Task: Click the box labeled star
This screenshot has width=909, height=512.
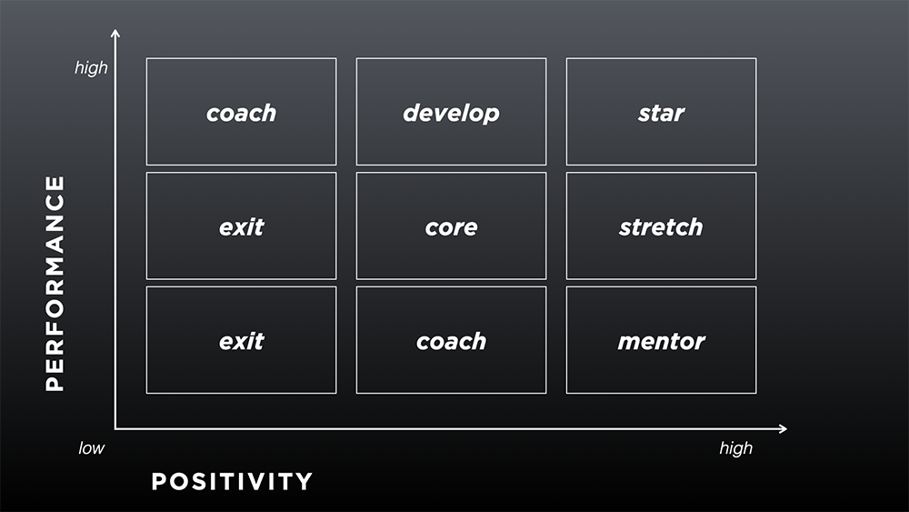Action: coord(661,111)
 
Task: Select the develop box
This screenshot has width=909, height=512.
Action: coord(451,111)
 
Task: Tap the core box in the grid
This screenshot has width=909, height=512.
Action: coord(451,226)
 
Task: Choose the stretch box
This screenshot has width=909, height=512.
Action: coord(661,226)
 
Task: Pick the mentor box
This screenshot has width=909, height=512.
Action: coord(661,340)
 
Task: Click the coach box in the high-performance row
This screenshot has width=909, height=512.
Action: coord(241,111)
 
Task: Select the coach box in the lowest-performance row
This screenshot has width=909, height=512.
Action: coord(451,340)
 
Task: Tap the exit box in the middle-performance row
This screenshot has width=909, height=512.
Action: coord(241,226)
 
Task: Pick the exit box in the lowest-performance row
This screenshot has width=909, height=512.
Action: coord(241,340)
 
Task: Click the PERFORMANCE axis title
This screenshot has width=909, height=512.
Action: coord(55,284)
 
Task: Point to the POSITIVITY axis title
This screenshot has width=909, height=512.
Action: coord(232,481)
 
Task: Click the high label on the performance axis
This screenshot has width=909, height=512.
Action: coord(91,68)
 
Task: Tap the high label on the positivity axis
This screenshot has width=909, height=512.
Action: coord(735,448)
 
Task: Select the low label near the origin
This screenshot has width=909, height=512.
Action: coord(92,447)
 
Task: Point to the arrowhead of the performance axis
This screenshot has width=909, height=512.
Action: coord(115,33)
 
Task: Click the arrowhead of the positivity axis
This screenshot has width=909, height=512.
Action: coord(784,428)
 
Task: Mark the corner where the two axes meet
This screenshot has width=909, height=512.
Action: coord(115,428)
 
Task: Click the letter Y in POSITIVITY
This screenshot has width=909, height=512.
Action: coord(304,481)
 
